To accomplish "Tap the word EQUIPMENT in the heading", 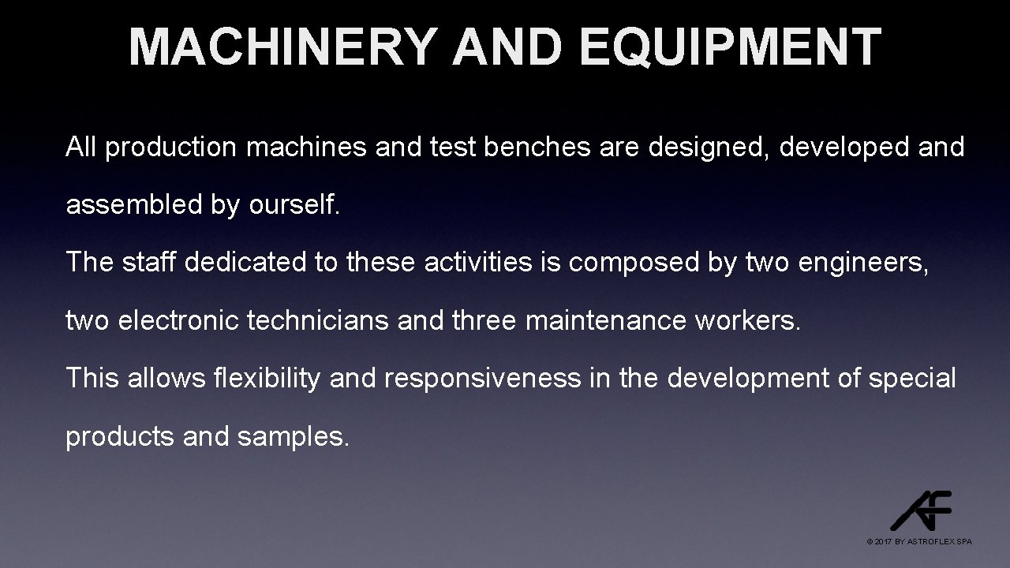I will tap(729, 47).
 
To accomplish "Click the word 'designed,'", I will tap(709, 148).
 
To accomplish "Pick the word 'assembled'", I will tap(133, 205).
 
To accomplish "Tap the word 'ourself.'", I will tap(294, 205).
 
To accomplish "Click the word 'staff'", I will tap(150, 263).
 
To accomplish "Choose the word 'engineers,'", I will tap(864, 263).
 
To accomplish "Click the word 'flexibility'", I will tap(267, 378).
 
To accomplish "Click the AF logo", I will tap(921, 510).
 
